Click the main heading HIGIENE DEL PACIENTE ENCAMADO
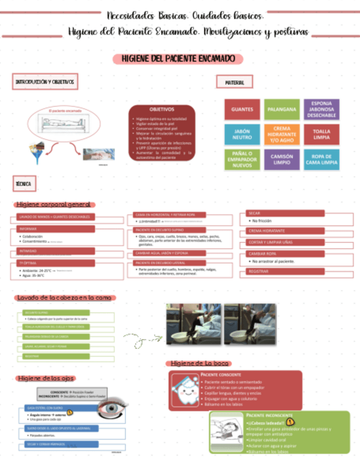pos(178,59)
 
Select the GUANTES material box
pos(242,109)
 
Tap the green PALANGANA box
pos(282,109)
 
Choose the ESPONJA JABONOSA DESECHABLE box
pos(321,109)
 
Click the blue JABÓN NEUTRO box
pos(242,134)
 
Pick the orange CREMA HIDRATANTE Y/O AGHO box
pos(282,134)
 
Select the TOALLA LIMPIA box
pos(321,134)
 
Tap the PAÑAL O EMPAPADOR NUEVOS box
pos(242,159)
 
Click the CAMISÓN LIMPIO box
pos(282,159)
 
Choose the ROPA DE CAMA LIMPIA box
pos(321,159)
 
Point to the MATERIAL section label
pos(234,83)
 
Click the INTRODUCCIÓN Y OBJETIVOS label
pos(44,82)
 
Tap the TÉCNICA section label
pos(24,184)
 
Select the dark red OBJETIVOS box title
pos(162,110)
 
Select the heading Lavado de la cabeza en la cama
pos(65,298)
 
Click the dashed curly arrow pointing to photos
pos(140,338)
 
